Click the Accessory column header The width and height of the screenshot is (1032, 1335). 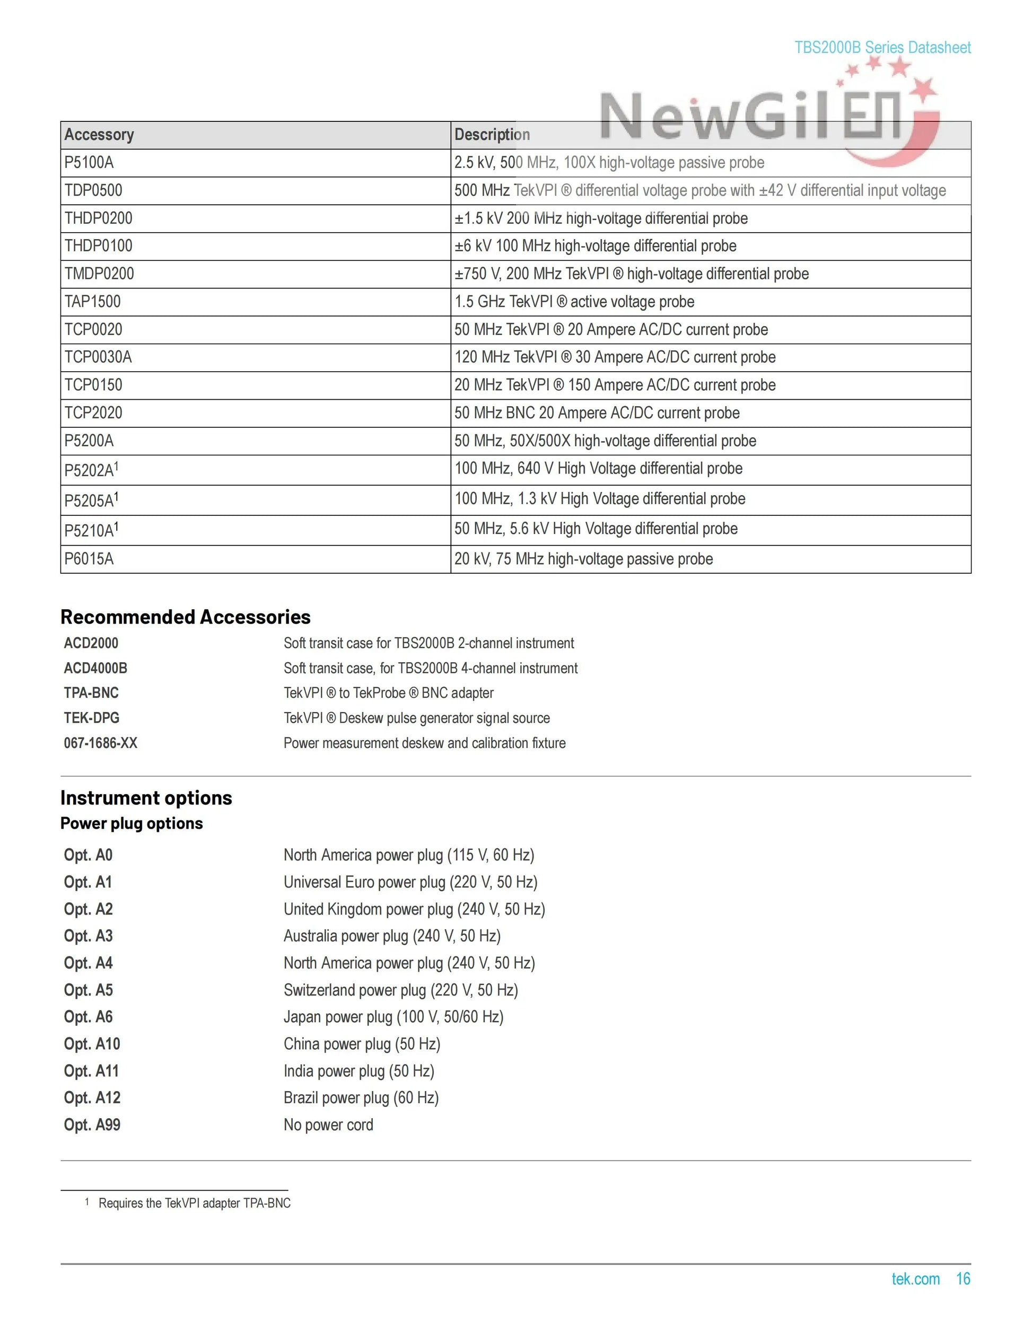99,135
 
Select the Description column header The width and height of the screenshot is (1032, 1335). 492,135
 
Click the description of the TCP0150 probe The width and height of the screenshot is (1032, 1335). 615,385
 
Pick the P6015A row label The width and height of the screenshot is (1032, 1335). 89,559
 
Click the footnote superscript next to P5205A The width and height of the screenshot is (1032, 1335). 116,497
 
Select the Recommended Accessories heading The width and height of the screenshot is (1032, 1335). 185,617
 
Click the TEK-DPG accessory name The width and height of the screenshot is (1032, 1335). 92,718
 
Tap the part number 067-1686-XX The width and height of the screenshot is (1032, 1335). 101,743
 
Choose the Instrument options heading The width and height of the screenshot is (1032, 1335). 146,798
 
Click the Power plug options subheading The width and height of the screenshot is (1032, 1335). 132,823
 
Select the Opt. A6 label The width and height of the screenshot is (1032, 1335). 89,1016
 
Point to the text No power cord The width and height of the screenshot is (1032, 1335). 328,1125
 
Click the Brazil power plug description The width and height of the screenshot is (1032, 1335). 361,1098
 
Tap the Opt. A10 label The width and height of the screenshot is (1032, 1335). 92,1043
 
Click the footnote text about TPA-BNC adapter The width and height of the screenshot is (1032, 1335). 195,1203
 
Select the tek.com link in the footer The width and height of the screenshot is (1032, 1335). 915,1279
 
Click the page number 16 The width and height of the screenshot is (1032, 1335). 963,1279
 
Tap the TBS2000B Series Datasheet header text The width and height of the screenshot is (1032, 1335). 882,48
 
